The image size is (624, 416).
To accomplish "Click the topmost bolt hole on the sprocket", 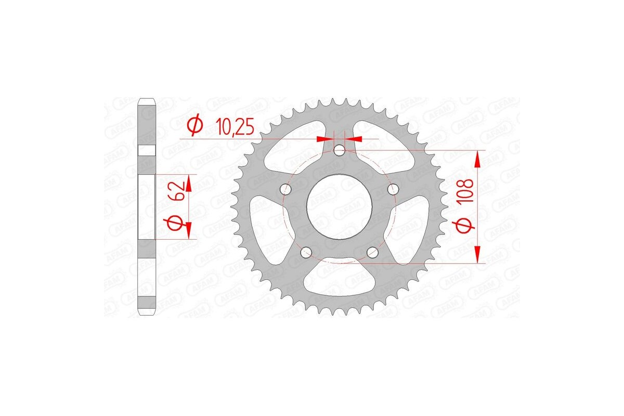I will click(340, 151).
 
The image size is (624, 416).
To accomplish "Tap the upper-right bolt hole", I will click(394, 188).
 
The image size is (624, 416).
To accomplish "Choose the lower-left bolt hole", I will click(307, 252).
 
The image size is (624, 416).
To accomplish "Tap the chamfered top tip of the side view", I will click(147, 101).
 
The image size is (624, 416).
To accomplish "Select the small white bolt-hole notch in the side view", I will click(147, 150).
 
